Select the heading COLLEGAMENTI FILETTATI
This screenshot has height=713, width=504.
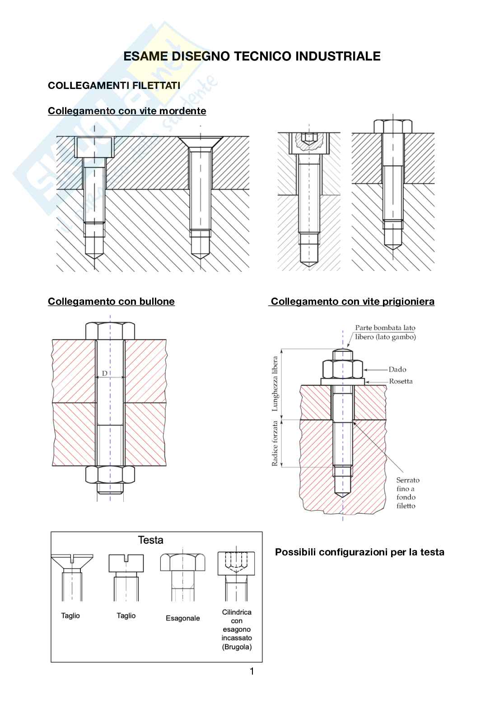(114, 85)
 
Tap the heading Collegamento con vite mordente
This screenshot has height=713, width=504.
(127, 111)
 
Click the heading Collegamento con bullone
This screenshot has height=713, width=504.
(111, 302)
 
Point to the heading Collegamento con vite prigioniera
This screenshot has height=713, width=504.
(352, 302)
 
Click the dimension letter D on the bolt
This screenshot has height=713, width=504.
(105, 373)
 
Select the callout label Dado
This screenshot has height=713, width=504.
(397, 369)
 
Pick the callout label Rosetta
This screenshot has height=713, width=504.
(401, 381)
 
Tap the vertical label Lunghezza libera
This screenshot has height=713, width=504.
(275, 383)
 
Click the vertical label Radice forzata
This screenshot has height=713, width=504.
(275, 443)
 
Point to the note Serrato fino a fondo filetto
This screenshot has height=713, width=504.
(407, 493)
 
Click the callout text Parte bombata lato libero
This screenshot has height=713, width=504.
(385, 332)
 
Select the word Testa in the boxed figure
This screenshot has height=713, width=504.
(150, 540)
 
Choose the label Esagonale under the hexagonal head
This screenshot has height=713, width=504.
(182, 618)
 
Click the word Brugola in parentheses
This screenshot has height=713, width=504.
(237, 647)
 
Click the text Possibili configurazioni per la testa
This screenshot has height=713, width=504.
(359, 552)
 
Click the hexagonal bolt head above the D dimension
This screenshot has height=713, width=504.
(110, 331)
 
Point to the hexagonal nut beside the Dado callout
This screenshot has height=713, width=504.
(343, 369)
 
